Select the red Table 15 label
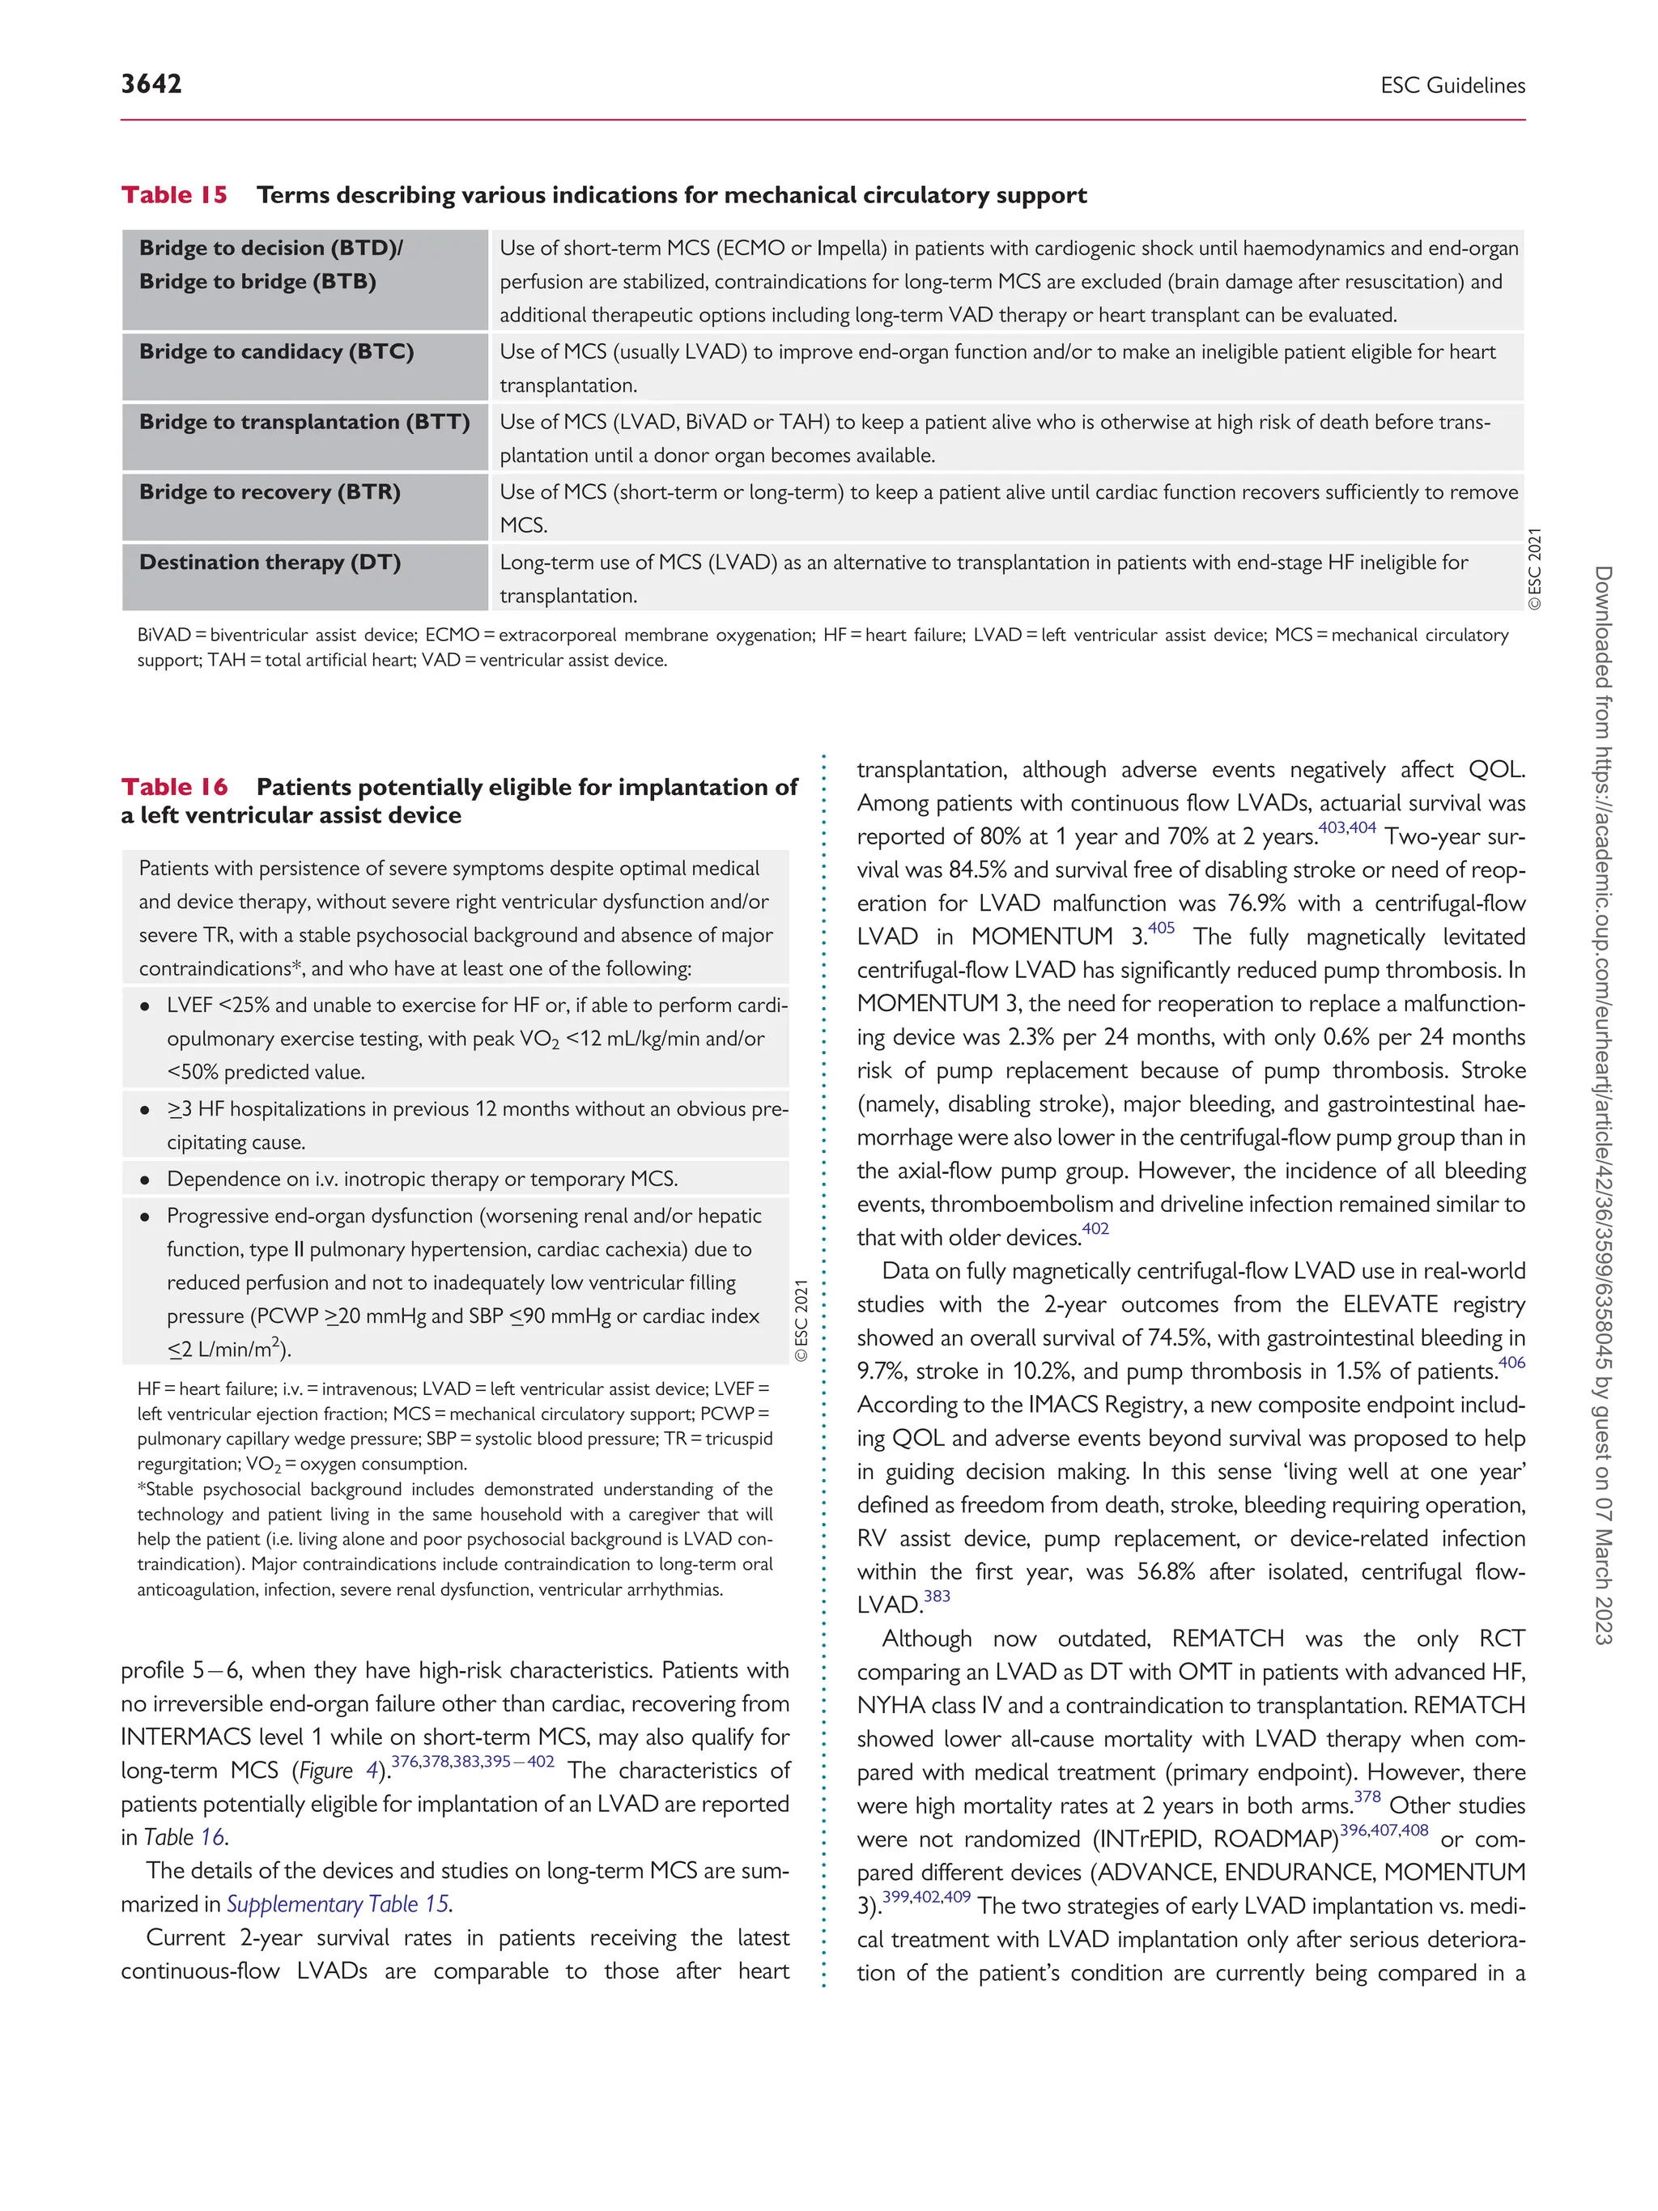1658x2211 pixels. (x=174, y=195)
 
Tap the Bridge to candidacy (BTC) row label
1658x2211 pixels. (x=276, y=352)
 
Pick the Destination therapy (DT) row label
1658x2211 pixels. (x=270, y=563)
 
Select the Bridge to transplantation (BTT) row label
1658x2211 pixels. (x=304, y=422)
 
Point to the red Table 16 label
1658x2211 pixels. (x=174, y=787)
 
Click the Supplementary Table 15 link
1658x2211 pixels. (x=338, y=1904)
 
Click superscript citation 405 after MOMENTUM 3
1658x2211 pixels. (x=1160, y=928)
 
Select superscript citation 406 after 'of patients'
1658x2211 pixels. (x=1511, y=1363)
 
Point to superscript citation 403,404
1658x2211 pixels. (x=1347, y=827)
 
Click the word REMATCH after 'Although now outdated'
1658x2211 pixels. (x=1227, y=1639)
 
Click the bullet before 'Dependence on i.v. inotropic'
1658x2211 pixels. (x=146, y=1180)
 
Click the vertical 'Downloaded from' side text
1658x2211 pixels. (x=1602, y=1104)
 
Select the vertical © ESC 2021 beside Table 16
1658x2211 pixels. (x=801, y=1320)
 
